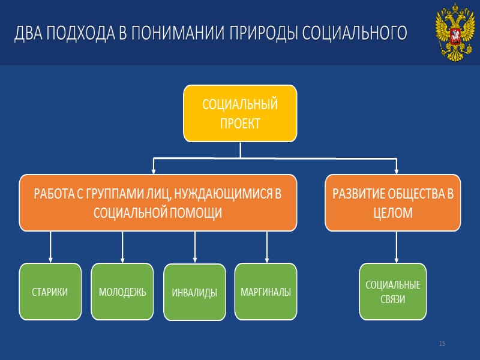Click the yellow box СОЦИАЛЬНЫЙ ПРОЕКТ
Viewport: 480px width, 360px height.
point(240,113)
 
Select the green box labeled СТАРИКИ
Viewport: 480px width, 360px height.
point(50,292)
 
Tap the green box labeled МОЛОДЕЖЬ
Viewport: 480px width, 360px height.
point(122,292)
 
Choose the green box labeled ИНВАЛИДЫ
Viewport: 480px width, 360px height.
point(194,293)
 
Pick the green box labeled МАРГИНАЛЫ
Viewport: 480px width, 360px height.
point(266,292)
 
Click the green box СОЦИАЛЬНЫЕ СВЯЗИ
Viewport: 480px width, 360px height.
point(393,292)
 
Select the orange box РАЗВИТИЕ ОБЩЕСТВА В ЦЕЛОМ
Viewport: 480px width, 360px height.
point(393,203)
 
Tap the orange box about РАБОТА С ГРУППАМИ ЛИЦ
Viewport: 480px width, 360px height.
point(158,203)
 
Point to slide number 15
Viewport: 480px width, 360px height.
point(442,343)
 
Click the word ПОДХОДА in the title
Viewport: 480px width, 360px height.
point(75,34)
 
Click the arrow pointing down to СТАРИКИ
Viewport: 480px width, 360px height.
point(50,247)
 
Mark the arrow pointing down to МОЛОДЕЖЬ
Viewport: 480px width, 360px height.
point(122,247)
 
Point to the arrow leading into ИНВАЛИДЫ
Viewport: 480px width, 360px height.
point(194,247)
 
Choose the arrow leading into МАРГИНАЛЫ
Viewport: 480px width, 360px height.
point(266,247)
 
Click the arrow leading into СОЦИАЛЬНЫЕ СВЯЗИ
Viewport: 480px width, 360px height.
point(396,247)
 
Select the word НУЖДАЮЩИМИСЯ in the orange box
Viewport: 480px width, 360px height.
point(221,194)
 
